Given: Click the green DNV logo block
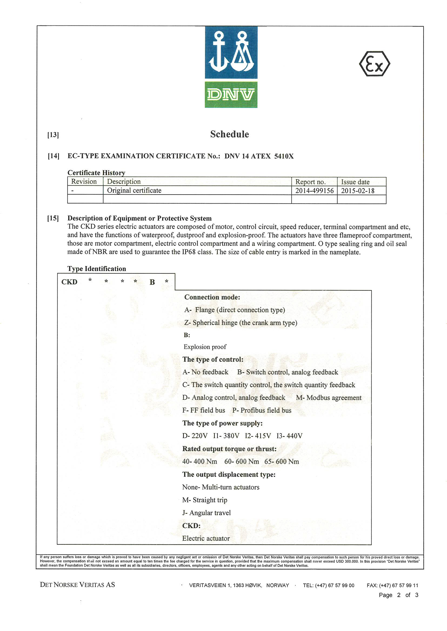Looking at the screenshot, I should (x=231, y=94).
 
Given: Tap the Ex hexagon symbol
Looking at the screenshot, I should (x=374, y=64).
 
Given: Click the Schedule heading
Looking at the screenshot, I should (x=229, y=134).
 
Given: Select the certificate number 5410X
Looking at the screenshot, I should (x=284, y=156).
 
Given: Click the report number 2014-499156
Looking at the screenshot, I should (x=314, y=191).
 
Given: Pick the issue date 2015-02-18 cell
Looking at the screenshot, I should (x=358, y=191).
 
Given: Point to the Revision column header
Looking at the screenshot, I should (x=84, y=182).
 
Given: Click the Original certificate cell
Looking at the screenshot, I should (x=134, y=190).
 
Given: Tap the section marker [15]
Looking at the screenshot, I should (x=53, y=218).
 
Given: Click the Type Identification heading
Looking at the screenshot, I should (x=96, y=268).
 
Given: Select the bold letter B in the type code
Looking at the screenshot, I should (x=152, y=282).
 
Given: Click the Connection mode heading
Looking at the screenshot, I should (x=212, y=297).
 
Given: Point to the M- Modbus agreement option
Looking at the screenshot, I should (x=329, y=398).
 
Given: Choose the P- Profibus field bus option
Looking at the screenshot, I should (x=262, y=410).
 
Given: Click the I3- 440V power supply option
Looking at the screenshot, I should (x=289, y=436).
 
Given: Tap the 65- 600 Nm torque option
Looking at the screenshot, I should (x=282, y=461).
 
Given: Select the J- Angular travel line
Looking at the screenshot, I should (x=206, y=513).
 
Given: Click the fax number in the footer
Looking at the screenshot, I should (x=392, y=585).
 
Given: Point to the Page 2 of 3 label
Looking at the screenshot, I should (x=398, y=595).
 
